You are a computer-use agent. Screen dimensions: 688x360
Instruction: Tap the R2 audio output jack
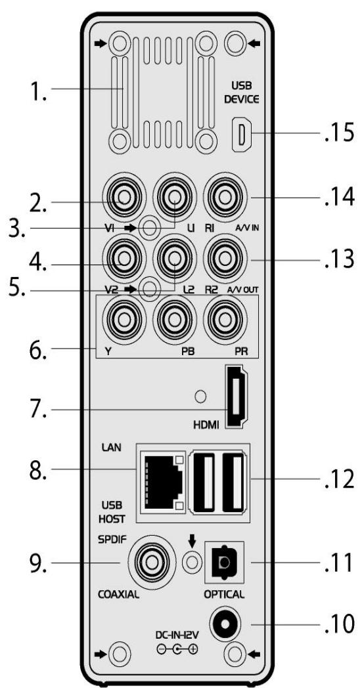pos(225,257)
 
